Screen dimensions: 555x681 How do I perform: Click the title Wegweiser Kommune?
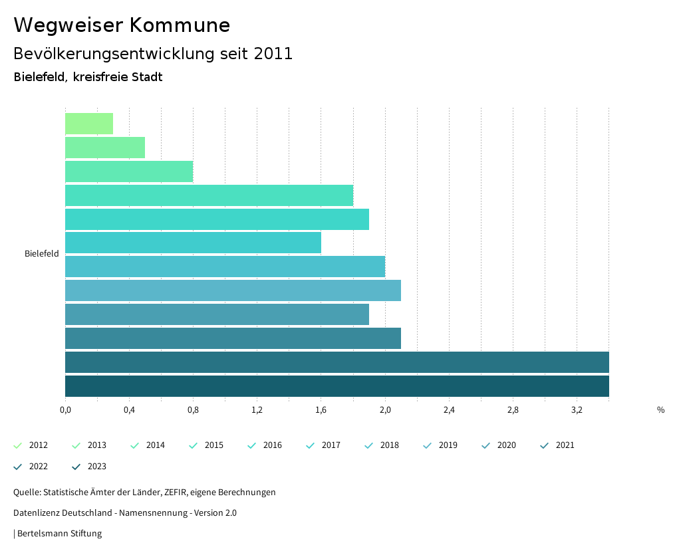tap(122, 25)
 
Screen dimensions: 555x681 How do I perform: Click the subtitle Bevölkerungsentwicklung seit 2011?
tap(153, 54)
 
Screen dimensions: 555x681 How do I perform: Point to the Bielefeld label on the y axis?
tap(42, 254)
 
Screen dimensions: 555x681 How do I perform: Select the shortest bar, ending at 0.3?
tap(89, 124)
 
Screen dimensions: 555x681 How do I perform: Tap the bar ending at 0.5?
tap(105, 148)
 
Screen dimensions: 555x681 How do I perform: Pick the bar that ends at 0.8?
tap(129, 171)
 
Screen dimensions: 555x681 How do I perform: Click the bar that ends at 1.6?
tap(193, 243)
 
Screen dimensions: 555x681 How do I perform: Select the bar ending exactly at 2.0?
tap(225, 267)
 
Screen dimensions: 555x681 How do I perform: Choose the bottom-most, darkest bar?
tap(337, 386)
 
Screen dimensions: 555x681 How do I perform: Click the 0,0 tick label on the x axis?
tap(65, 410)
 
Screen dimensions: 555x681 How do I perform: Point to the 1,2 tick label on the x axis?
tap(257, 410)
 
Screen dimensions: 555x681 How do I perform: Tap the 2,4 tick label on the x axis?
tap(449, 410)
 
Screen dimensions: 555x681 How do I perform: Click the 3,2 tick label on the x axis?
tap(577, 410)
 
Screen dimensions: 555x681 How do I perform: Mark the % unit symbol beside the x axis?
tap(660, 410)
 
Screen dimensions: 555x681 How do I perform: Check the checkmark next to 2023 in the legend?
tap(76, 467)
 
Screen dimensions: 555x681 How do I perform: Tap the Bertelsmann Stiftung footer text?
tap(59, 534)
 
